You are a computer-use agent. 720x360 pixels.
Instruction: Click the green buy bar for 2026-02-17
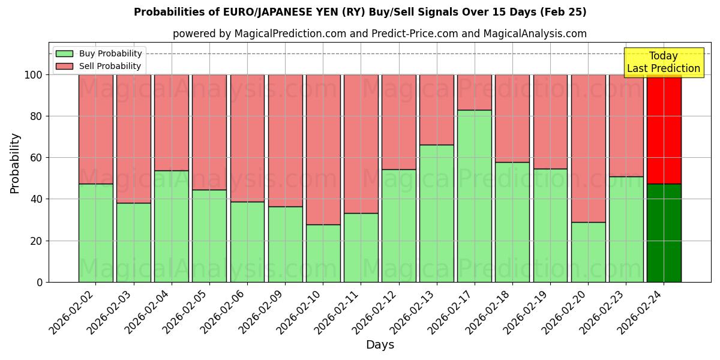[474, 196]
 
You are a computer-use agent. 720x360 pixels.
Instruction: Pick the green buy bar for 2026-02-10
[323, 253]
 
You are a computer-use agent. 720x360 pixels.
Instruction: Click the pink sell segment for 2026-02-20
[588, 148]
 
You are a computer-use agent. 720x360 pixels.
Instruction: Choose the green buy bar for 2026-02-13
[436, 213]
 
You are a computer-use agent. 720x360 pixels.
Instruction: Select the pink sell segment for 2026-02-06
[247, 138]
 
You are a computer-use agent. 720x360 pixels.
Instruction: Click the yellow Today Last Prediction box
[663, 62]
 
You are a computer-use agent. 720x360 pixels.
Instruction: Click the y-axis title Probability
[15, 163]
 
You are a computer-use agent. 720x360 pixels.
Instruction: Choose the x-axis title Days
[380, 345]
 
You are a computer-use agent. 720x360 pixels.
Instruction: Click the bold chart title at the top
[360, 12]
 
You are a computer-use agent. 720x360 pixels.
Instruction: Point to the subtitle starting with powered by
[380, 34]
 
